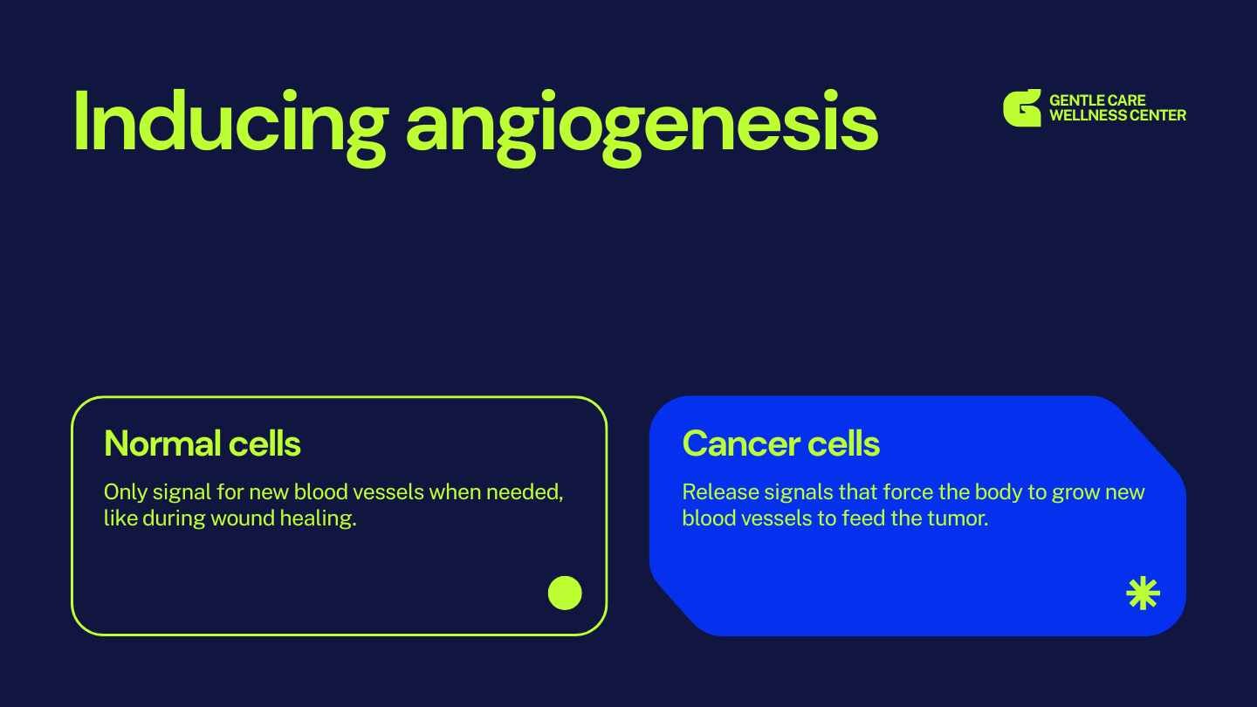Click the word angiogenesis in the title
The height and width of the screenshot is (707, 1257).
pos(642,128)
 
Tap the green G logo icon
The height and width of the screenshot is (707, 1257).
pos(1022,107)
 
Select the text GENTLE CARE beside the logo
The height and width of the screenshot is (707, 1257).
pos(1097,100)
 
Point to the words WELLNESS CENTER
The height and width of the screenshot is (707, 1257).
pos(1118,115)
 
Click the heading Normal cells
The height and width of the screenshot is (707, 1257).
pos(203,443)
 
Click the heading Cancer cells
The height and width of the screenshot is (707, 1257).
pos(780,443)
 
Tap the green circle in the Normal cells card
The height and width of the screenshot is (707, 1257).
pos(565,593)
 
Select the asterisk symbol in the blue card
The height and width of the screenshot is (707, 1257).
pos(1144,594)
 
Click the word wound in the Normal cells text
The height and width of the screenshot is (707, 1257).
pos(243,518)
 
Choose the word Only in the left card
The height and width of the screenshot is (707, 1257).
pos(126,493)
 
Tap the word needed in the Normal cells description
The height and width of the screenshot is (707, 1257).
pos(524,492)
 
